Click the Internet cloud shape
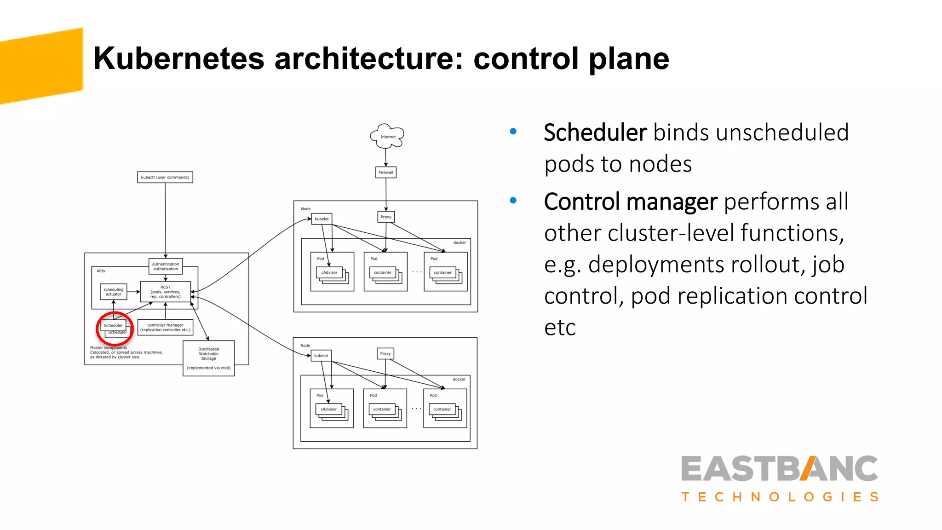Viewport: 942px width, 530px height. [x=387, y=136]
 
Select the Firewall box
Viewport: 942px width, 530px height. [x=386, y=173]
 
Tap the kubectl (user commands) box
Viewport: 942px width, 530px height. [x=165, y=177]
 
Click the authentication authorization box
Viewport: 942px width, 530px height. [x=166, y=266]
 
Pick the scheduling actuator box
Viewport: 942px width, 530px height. [x=114, y=292]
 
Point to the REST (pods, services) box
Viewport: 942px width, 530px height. [x=165, y=292]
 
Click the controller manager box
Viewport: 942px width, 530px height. [x=165, y=328]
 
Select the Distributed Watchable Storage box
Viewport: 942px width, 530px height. [x=209, y=358]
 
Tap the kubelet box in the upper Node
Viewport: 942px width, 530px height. [x=322, y=219]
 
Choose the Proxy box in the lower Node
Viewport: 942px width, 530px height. [x=385, y=354]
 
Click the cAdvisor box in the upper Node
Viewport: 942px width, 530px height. [x=329, y=272]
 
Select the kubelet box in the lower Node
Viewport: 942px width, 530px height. [x=321, y=356]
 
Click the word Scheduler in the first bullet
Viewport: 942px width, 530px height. [x=595, y=133]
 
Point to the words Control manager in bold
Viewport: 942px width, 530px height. [x=631, y=202]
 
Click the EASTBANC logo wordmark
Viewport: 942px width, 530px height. [x=780, y=469]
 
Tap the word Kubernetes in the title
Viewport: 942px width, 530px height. [x=179, y=58]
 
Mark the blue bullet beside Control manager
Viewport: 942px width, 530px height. [x=513, y=201]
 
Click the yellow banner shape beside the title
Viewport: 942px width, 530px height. [x=41, y=65]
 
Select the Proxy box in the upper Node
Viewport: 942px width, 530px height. [x=386, y=217]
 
